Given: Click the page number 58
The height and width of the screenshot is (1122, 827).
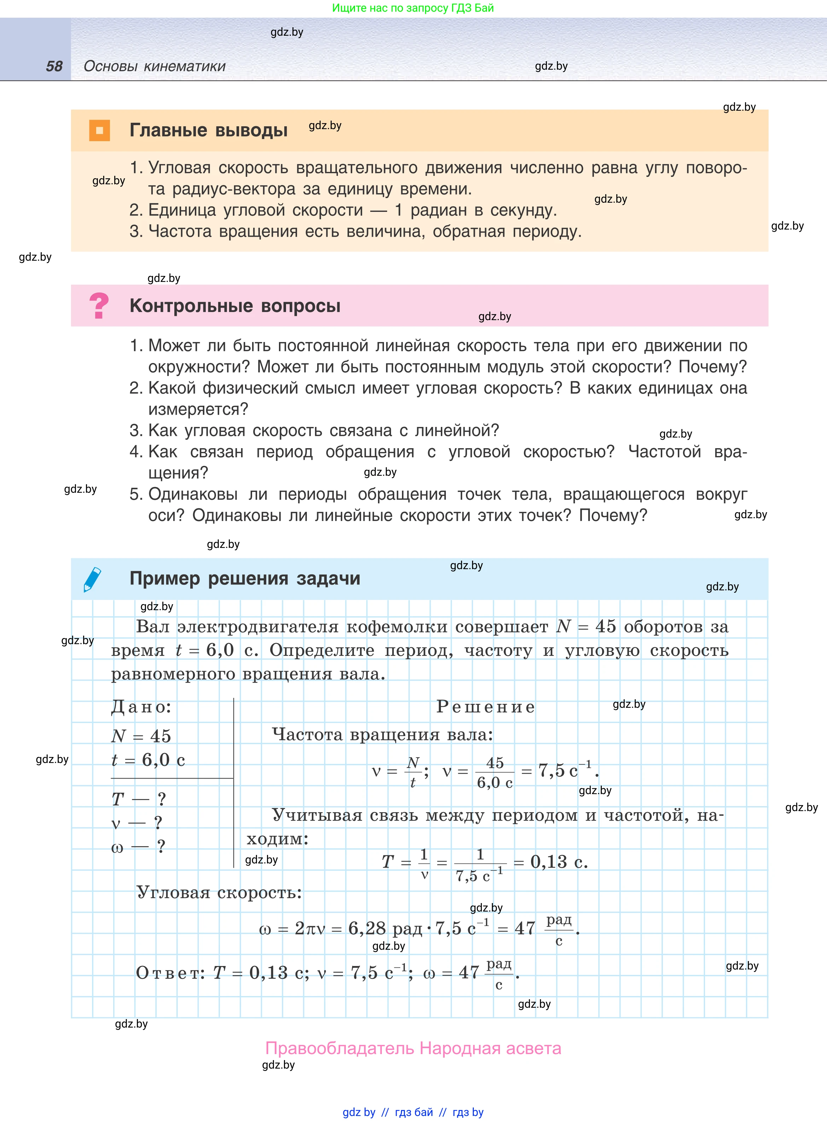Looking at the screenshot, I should [x=54, y=66].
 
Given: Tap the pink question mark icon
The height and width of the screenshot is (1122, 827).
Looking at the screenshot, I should [x=99, y=305].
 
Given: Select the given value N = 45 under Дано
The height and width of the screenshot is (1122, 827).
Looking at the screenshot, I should [x=141, y=736].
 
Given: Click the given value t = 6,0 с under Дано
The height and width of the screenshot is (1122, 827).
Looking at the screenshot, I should [x=148, y=760].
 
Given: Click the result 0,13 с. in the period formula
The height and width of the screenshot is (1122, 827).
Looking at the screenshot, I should [x=559, y=862].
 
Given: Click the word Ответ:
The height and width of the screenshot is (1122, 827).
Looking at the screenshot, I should [x=170, y=973].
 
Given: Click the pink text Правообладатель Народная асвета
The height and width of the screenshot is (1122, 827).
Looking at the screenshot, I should [x=413, y=1048].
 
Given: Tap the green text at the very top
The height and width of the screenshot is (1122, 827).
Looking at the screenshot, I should [x=413, y=8].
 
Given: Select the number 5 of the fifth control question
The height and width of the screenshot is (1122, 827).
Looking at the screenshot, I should [x=135, y=494].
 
